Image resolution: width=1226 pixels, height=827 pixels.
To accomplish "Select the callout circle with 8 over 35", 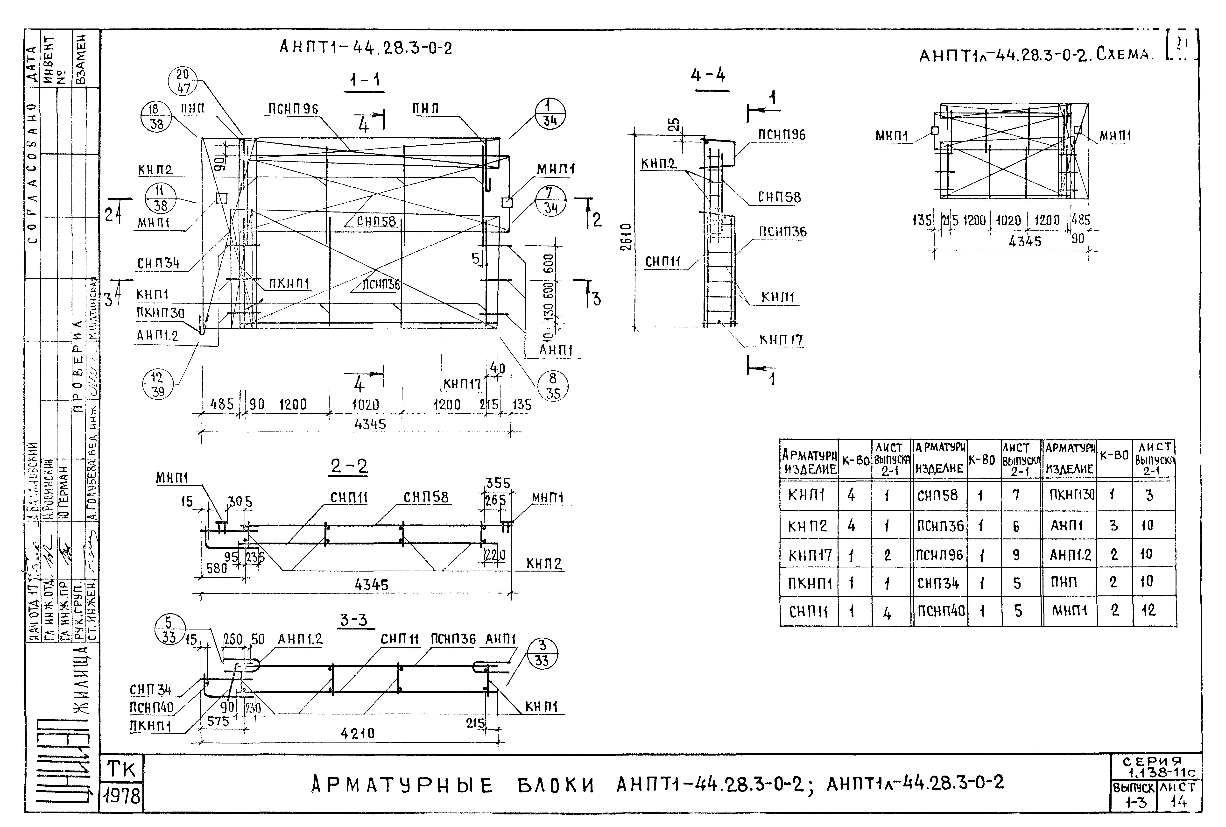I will coord(553,386).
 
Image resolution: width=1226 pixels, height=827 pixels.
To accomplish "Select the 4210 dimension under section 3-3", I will coord(358,733).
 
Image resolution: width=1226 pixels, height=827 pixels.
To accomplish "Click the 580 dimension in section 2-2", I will coord(217,568).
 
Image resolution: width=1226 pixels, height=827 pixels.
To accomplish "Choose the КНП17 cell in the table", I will coord(810,555).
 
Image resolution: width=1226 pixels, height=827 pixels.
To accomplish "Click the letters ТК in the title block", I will coord(122,770).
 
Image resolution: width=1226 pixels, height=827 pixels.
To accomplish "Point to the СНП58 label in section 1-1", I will coord(376,221).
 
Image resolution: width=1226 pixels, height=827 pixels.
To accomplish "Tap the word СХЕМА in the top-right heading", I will coord(1124,55).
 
